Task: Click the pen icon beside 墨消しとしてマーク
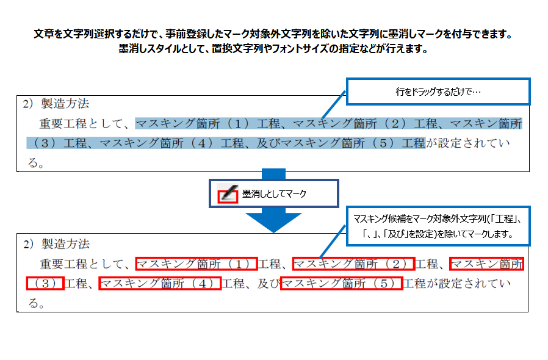pos(228,193)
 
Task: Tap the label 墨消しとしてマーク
pos(274,193)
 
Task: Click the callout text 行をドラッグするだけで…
pos(438,92)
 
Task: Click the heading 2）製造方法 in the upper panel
pos(56,104)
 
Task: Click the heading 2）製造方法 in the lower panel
pos(56,244)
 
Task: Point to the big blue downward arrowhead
pos(273,222)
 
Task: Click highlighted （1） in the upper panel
pos(237,124)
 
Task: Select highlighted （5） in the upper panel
pos(383,143)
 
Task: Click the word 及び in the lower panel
pos(269,284)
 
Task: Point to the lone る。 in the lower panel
pos(37,303)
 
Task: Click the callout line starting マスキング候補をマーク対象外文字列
pos(438,219)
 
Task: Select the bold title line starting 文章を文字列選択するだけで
pos(273,34)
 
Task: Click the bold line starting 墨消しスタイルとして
pos(273,49)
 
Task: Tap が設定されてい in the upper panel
pos(468,143)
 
